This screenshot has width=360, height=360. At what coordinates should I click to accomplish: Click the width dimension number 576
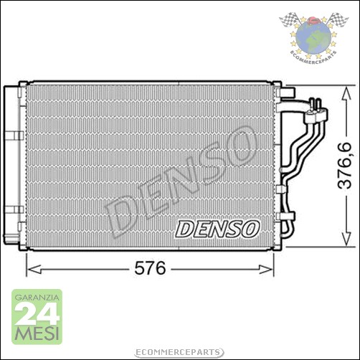(151, 269)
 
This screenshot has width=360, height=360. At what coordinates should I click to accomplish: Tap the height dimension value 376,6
(346, 166)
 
